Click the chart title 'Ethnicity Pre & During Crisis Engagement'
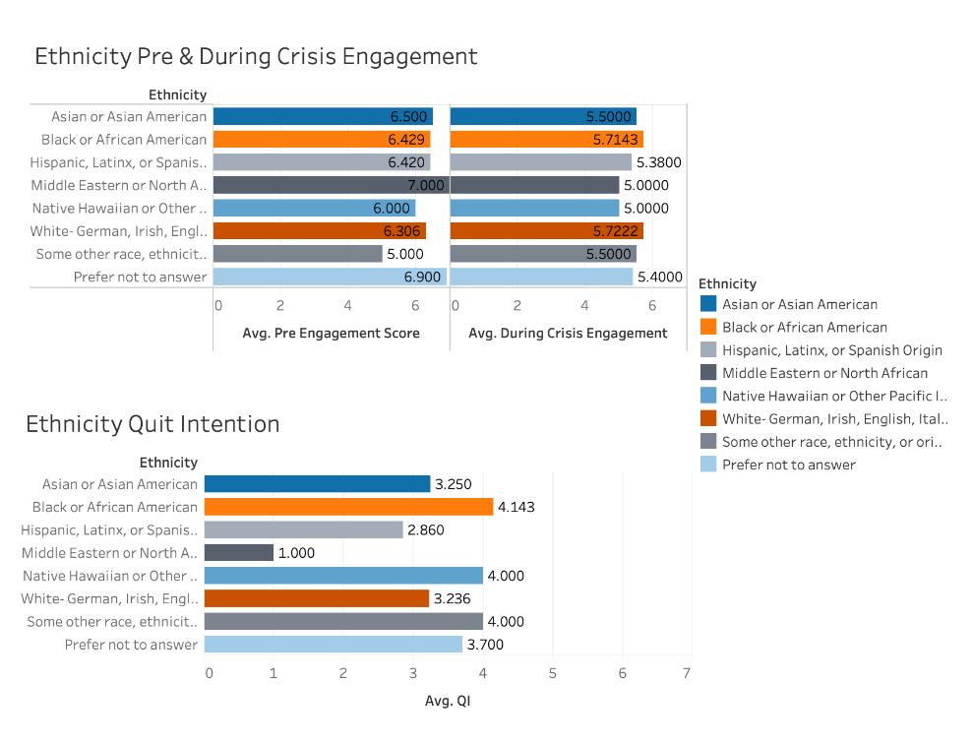(x=256, y=56)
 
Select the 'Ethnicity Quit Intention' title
(x=152, y=423)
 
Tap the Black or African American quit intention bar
(x=348, y=507)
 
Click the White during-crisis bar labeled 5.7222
(x=546, y=231)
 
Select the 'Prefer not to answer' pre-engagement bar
(x=330, y=277)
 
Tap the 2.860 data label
(x=426, y=530)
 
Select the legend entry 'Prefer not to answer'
(x=788, y=465)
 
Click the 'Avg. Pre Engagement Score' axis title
(x=331, y=333)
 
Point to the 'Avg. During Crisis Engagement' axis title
(x=568, y=333)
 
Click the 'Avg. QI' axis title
(x=443, y=702)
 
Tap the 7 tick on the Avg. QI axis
(x=687, y=673)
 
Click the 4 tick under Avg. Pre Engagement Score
(x=347, y=305)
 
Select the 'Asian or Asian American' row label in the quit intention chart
(x=120, y=484)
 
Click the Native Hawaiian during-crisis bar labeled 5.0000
(x=534, y=208)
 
